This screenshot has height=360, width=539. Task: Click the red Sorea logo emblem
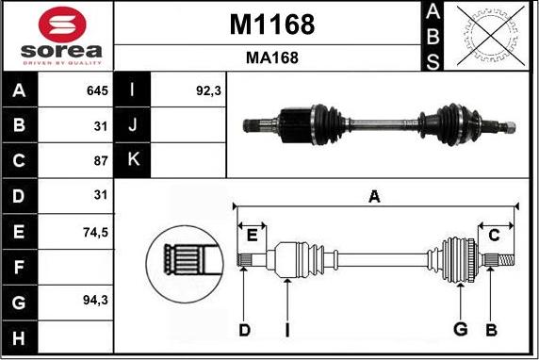point(62,25)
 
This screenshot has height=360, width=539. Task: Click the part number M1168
point(272,25)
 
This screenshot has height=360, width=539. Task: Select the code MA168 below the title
point(272,57)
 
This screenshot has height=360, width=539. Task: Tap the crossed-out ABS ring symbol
point(491,36)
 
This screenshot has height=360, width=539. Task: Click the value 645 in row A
point(97,90)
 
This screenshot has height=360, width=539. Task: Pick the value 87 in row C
point(101,160)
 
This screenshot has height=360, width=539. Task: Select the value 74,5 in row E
point(95,233)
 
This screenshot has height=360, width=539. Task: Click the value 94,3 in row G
point(95,301)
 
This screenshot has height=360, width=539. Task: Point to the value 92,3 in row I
point(208,90)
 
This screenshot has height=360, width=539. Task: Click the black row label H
point(19,337)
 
